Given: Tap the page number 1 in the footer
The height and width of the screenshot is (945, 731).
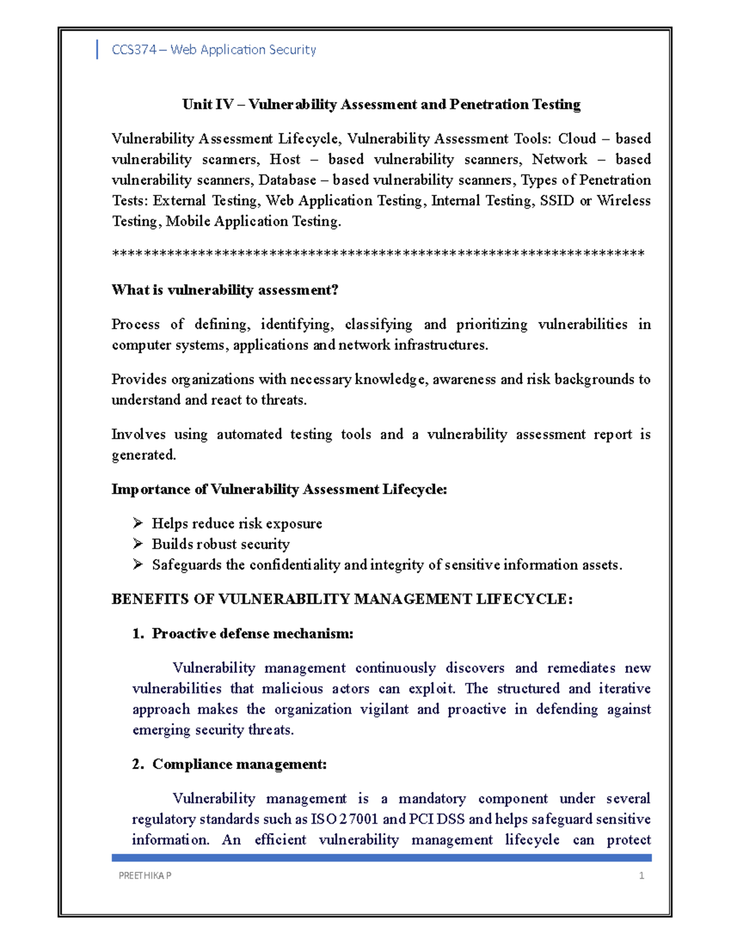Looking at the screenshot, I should click(x=641, y=876).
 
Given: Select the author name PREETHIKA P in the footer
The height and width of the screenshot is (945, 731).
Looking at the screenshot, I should click(x=145, y=876).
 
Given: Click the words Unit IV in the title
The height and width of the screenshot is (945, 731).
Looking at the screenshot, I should click(x=207, y=105).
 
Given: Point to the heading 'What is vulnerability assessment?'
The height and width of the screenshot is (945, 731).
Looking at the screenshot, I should click(x=225, y=290).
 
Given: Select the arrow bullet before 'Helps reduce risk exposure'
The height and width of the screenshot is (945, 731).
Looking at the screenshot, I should click(x=138, y=523).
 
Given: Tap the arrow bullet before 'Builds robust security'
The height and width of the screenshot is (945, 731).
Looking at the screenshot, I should click(x=138, y=544).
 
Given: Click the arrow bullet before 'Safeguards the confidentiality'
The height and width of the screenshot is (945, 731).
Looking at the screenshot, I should click(x=138, y=565).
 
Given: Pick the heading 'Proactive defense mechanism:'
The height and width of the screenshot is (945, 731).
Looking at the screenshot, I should click(x=252, y=634).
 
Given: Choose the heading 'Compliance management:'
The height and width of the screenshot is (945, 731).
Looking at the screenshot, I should click(x=239, y=764).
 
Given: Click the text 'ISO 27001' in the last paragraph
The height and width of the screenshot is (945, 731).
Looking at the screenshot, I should click(x=345, y=819).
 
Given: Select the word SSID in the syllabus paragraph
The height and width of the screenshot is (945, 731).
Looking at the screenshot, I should click(x=557, y=201).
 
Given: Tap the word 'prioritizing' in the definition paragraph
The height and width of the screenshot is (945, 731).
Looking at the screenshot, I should click(x=492, y=324).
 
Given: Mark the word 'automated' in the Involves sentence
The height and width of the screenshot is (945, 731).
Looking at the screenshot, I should click(x=249, y=434).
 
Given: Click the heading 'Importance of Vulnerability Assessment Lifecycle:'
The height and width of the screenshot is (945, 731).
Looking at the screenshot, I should click(x=279, y=490).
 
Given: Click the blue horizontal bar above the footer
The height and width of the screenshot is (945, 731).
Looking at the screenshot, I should click(x=381, y=857).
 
